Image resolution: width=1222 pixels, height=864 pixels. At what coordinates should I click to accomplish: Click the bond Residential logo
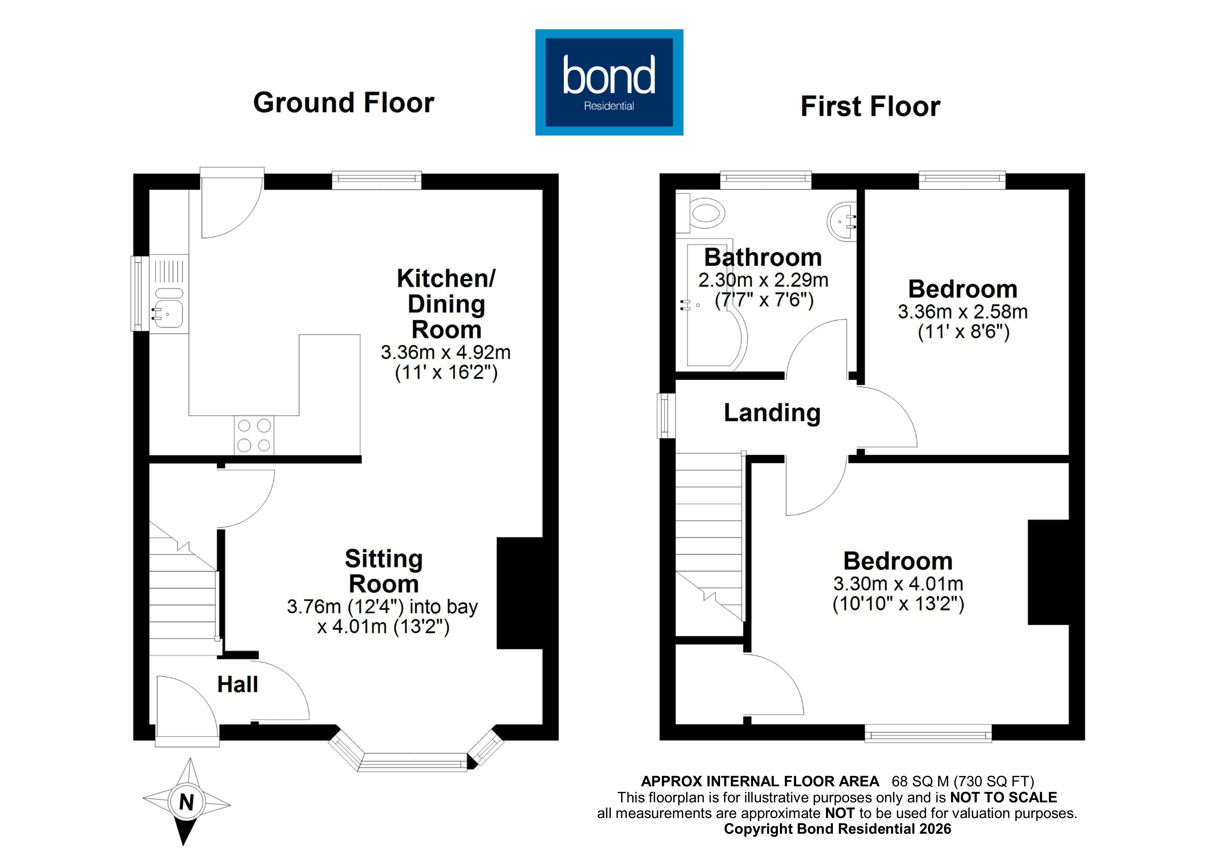pyautogui.click(x=609, y=83)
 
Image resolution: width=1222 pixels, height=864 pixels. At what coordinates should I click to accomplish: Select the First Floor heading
pyautogui.click(x=870, y=107)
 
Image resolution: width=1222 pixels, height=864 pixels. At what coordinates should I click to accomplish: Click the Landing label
pyautogui.click(x=772, y=413)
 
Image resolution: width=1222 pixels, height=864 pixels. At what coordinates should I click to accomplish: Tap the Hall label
pyautogui.click(x=237, y=685)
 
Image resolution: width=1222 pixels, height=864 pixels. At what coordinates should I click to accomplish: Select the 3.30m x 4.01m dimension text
pyautogui.click(x=898, y=584)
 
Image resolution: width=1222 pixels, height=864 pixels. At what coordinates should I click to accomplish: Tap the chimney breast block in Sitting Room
pyautogui.click(x=519, y=593)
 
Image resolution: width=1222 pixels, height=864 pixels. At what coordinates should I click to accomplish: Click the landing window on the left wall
pyautogui.click(x=665, y=415)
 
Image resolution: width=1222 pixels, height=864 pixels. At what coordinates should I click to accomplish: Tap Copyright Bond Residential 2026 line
pyautogui.click(x=837, y=829)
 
